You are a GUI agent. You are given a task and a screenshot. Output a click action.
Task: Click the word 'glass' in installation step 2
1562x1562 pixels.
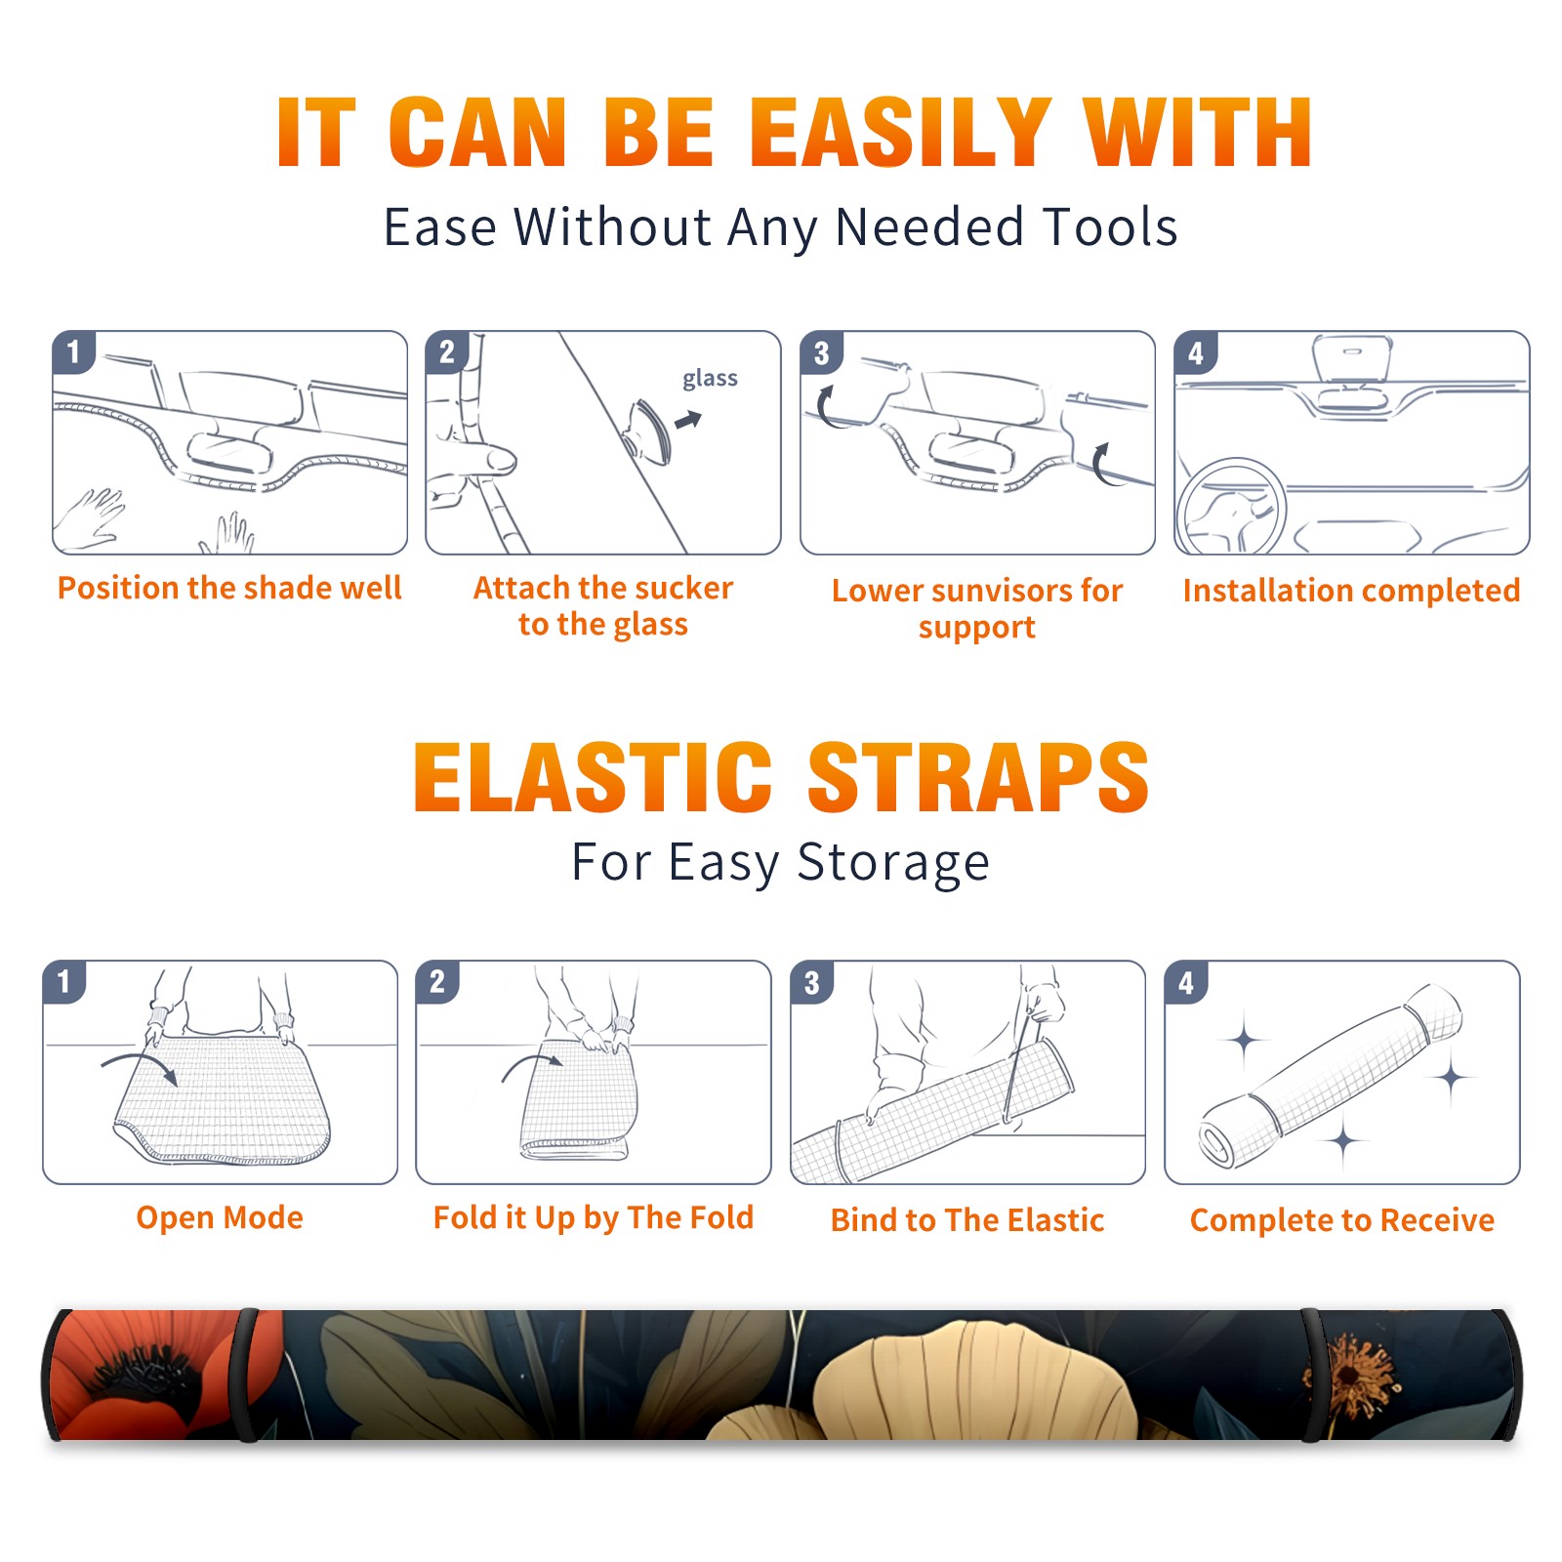pyautogui.click(x=710, y=379)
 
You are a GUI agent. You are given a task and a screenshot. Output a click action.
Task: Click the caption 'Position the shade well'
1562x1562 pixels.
pyautogui.click(x=229, y=588)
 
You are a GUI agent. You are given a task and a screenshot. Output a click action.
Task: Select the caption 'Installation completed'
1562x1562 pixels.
pyautogui.click(x=1351, y=591)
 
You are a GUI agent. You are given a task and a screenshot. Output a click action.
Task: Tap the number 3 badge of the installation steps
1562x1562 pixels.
pyautogui.click(x=821, y=352)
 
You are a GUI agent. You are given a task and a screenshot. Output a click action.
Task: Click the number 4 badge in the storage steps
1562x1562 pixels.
pyautogui.click(x=1186, y=982)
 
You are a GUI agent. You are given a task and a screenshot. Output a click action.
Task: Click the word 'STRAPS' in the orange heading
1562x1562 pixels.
pyautogui.click(x=978, y=777)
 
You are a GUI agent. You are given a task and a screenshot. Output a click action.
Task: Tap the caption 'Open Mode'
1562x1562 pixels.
pyautogui.click(x=220, y=1217)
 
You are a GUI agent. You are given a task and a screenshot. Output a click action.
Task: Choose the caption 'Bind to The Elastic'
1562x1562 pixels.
pyautogui.click(x=967, y=1220)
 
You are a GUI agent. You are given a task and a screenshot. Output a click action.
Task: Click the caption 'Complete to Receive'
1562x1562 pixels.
pyautogui.click(x=1342, y=1220)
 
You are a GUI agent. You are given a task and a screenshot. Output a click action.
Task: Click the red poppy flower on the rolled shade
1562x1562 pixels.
pyautogui.click(x=146, y=1372)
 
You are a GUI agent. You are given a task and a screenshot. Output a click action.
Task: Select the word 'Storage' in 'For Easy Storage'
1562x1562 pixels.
pyautogui.click(x=893, y=863)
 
